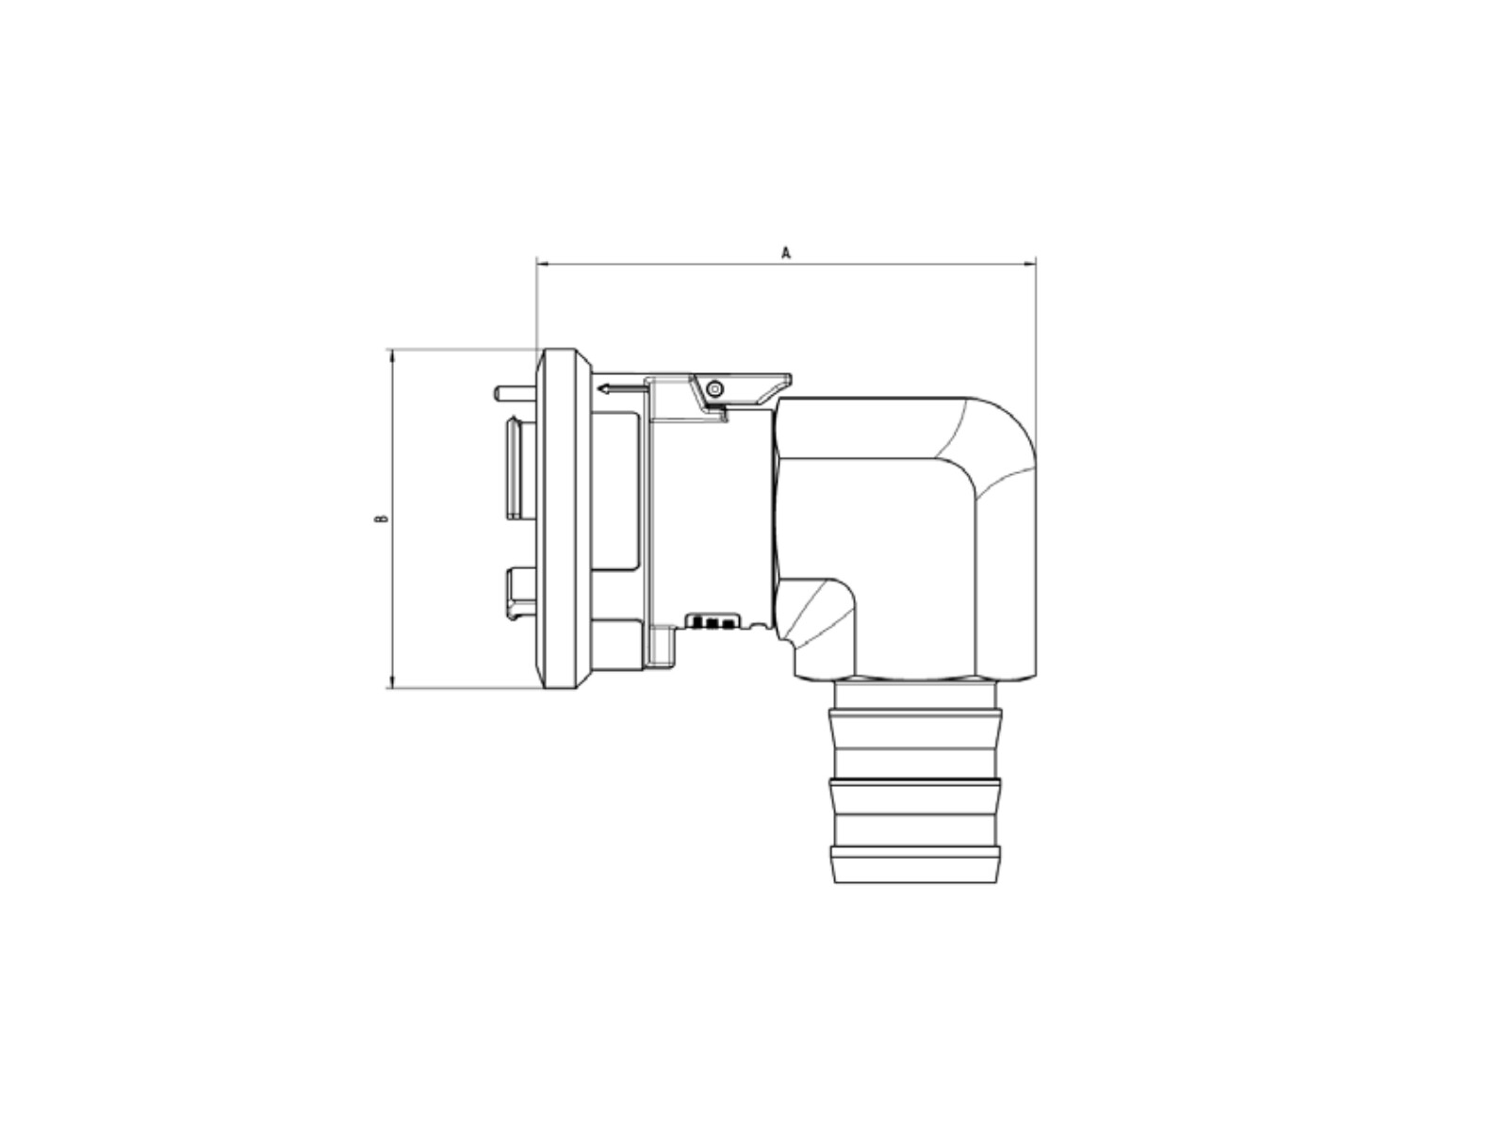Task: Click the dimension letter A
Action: pos(786,253)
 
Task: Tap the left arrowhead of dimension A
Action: pos(541,263)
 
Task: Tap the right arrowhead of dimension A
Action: pos(1030,263)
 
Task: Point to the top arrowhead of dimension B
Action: pos(391,355)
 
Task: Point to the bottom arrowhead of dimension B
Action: pos(391,681)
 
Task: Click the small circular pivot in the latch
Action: pos(714,389)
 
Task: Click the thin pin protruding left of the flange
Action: pos(516,393)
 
